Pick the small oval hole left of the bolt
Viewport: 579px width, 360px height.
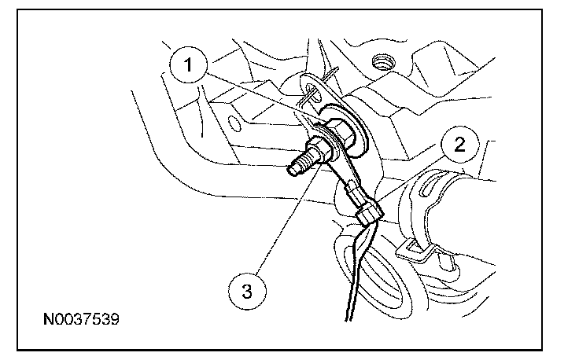tap(234, 123)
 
